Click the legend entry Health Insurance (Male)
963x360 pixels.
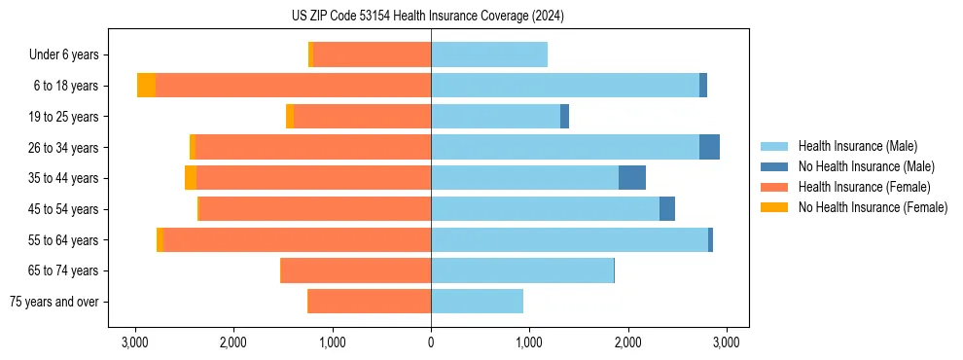coord(857,146)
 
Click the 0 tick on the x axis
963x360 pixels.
coord(431,342)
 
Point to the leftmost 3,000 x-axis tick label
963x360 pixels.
coord(135,342)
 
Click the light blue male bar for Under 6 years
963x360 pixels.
coord(489,55)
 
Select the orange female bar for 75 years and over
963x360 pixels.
coord(370,302)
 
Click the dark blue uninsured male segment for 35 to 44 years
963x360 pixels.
coord(632,178)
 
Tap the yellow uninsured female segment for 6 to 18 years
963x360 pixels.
coord(146,86)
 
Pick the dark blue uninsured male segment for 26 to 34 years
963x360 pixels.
coord(709,148)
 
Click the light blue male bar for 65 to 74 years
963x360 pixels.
coord(522,270)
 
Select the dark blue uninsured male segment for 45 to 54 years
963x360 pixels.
coord(667,209)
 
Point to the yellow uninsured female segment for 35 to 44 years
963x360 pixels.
coord(191,178)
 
